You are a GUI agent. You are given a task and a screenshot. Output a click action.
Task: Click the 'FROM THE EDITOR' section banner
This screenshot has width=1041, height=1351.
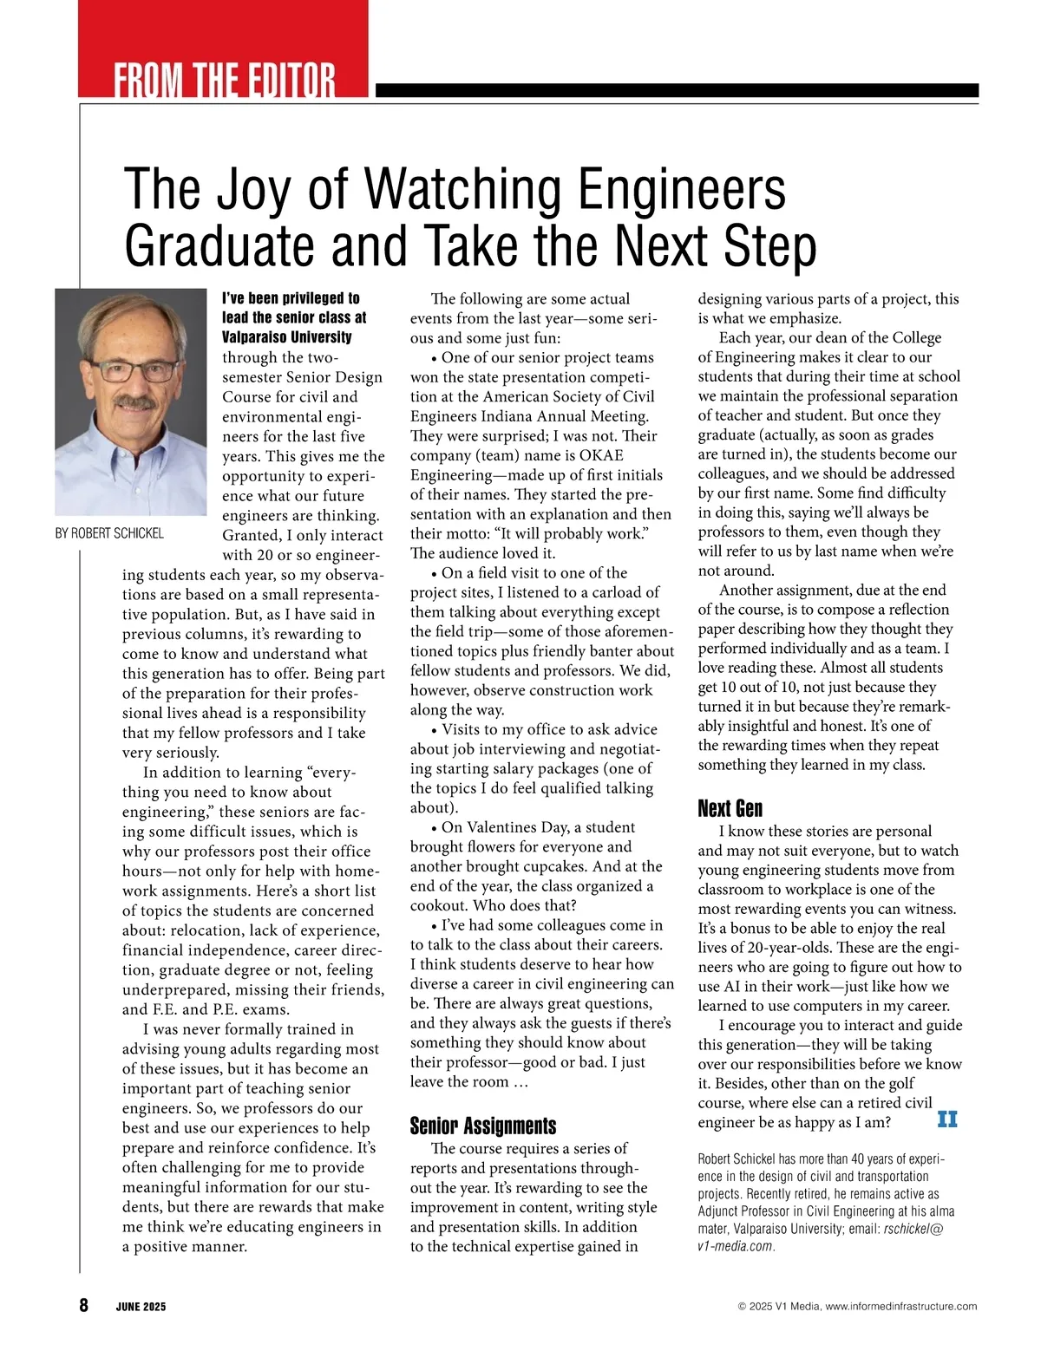click(224, 80)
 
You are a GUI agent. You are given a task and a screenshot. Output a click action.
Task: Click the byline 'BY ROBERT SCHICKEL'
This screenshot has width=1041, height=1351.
click(109, 533)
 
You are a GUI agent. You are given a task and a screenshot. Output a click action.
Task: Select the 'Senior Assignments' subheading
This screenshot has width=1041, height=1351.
click(483, 1126)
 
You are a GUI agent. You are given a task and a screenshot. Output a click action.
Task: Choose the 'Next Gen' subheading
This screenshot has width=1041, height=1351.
click(730, 809)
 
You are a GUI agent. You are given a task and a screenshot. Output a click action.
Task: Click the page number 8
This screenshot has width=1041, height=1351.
click(83, 1305)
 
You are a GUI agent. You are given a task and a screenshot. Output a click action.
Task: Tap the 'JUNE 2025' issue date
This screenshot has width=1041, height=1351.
click(141, 1307)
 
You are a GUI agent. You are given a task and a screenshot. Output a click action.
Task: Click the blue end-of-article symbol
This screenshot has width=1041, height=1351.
click(947, 1120)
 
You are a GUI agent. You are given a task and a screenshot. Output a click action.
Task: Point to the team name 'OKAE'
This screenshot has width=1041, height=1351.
click(600, 455)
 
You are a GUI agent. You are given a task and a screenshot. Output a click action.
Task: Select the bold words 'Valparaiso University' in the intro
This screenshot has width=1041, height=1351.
click(287, 337)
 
